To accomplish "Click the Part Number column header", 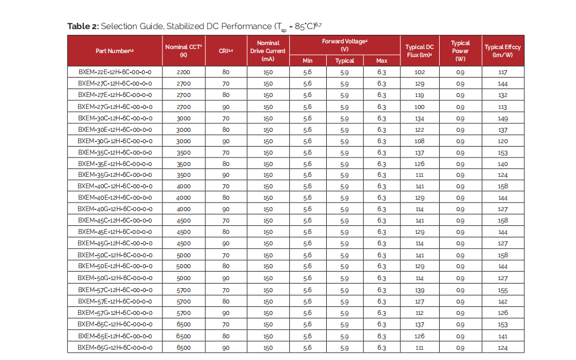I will [115, 51].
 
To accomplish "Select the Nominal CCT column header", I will [184, 51].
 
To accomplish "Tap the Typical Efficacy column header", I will [502, 51].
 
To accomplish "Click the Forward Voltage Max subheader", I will [382, 60].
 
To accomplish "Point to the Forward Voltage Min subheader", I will [307, 60].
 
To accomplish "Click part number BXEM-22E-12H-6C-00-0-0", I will [115, 72].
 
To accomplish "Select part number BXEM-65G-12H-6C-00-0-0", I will [115, 347].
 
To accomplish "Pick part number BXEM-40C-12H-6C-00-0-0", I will [115, 187].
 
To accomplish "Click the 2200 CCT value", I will [184, 72].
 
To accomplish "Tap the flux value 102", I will [420, 72].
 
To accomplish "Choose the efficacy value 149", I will [502, 119].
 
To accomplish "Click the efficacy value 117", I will [502, 72].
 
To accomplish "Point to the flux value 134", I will [420, 119].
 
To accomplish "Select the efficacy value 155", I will [502, 290].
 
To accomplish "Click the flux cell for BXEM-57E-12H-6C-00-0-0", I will [420, 302].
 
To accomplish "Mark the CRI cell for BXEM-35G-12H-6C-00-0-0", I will [226, 175].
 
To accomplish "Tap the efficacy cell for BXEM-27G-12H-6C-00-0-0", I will [502, 107].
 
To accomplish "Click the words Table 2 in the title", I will [83, 26].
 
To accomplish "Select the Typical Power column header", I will [460, 51].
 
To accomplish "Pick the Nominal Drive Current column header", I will [268, 51].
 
